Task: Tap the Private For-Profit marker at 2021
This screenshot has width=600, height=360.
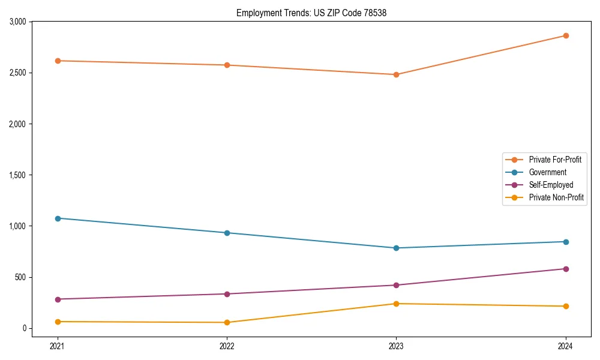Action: pos(58,61)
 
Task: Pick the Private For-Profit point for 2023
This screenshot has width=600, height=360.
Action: pos(396,74)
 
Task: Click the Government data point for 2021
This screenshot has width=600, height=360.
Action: pos(58,218)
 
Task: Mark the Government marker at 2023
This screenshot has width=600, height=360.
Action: pos(396,248)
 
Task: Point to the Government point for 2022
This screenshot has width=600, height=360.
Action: pos(227,233)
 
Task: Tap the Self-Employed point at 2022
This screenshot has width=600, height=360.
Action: pos(227,294)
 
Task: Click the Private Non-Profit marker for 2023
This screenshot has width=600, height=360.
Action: pos(396,304)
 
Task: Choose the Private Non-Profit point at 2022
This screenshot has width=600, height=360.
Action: pos(227,323)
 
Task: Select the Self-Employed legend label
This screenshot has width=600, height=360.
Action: pos(551,185)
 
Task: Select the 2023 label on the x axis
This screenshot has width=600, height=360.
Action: pos(396,346)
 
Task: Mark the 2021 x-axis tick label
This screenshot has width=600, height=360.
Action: pos(58,346)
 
